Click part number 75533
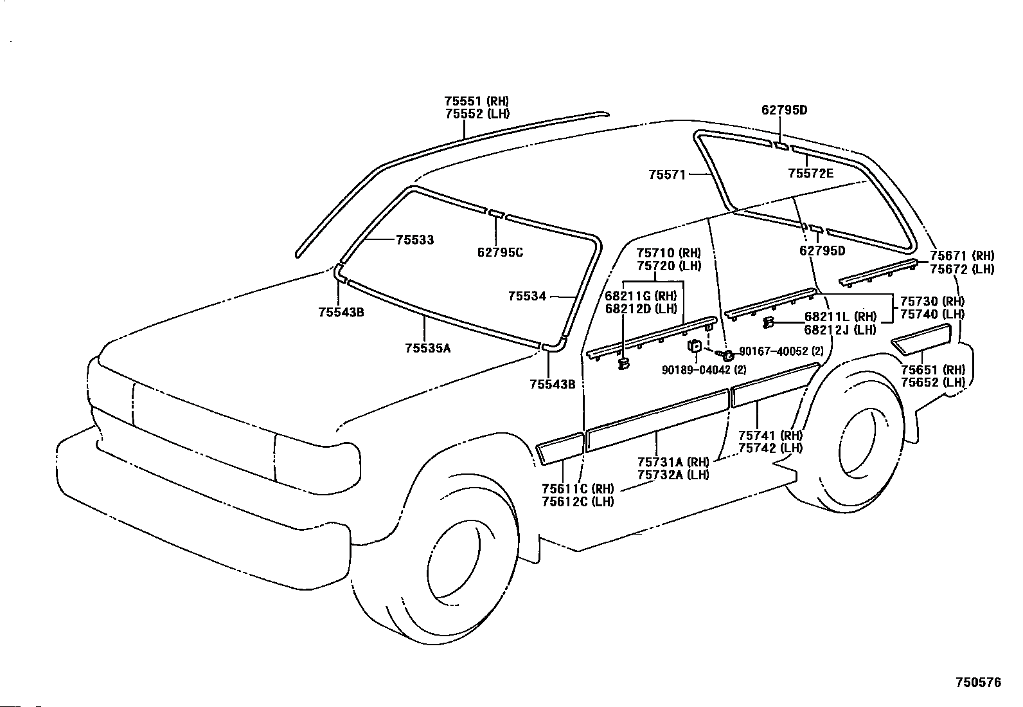tap(414, 239)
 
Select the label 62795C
tap(500, 252)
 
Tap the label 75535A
tap(428, 348)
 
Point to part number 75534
tap(527, 297)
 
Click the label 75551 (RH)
tap(477, 101)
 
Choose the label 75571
tap(667, 174)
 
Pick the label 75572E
tap(811, 173)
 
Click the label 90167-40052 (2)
tap(781, 351)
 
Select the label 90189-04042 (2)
tap(704, 369)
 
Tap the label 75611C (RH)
tap(578, 489)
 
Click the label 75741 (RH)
tap(770, 435)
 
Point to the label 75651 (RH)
tap(932, 369)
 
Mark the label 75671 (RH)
tap(962, 255)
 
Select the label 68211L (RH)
tap(841, 317)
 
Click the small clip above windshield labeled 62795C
tap(497, 214)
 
